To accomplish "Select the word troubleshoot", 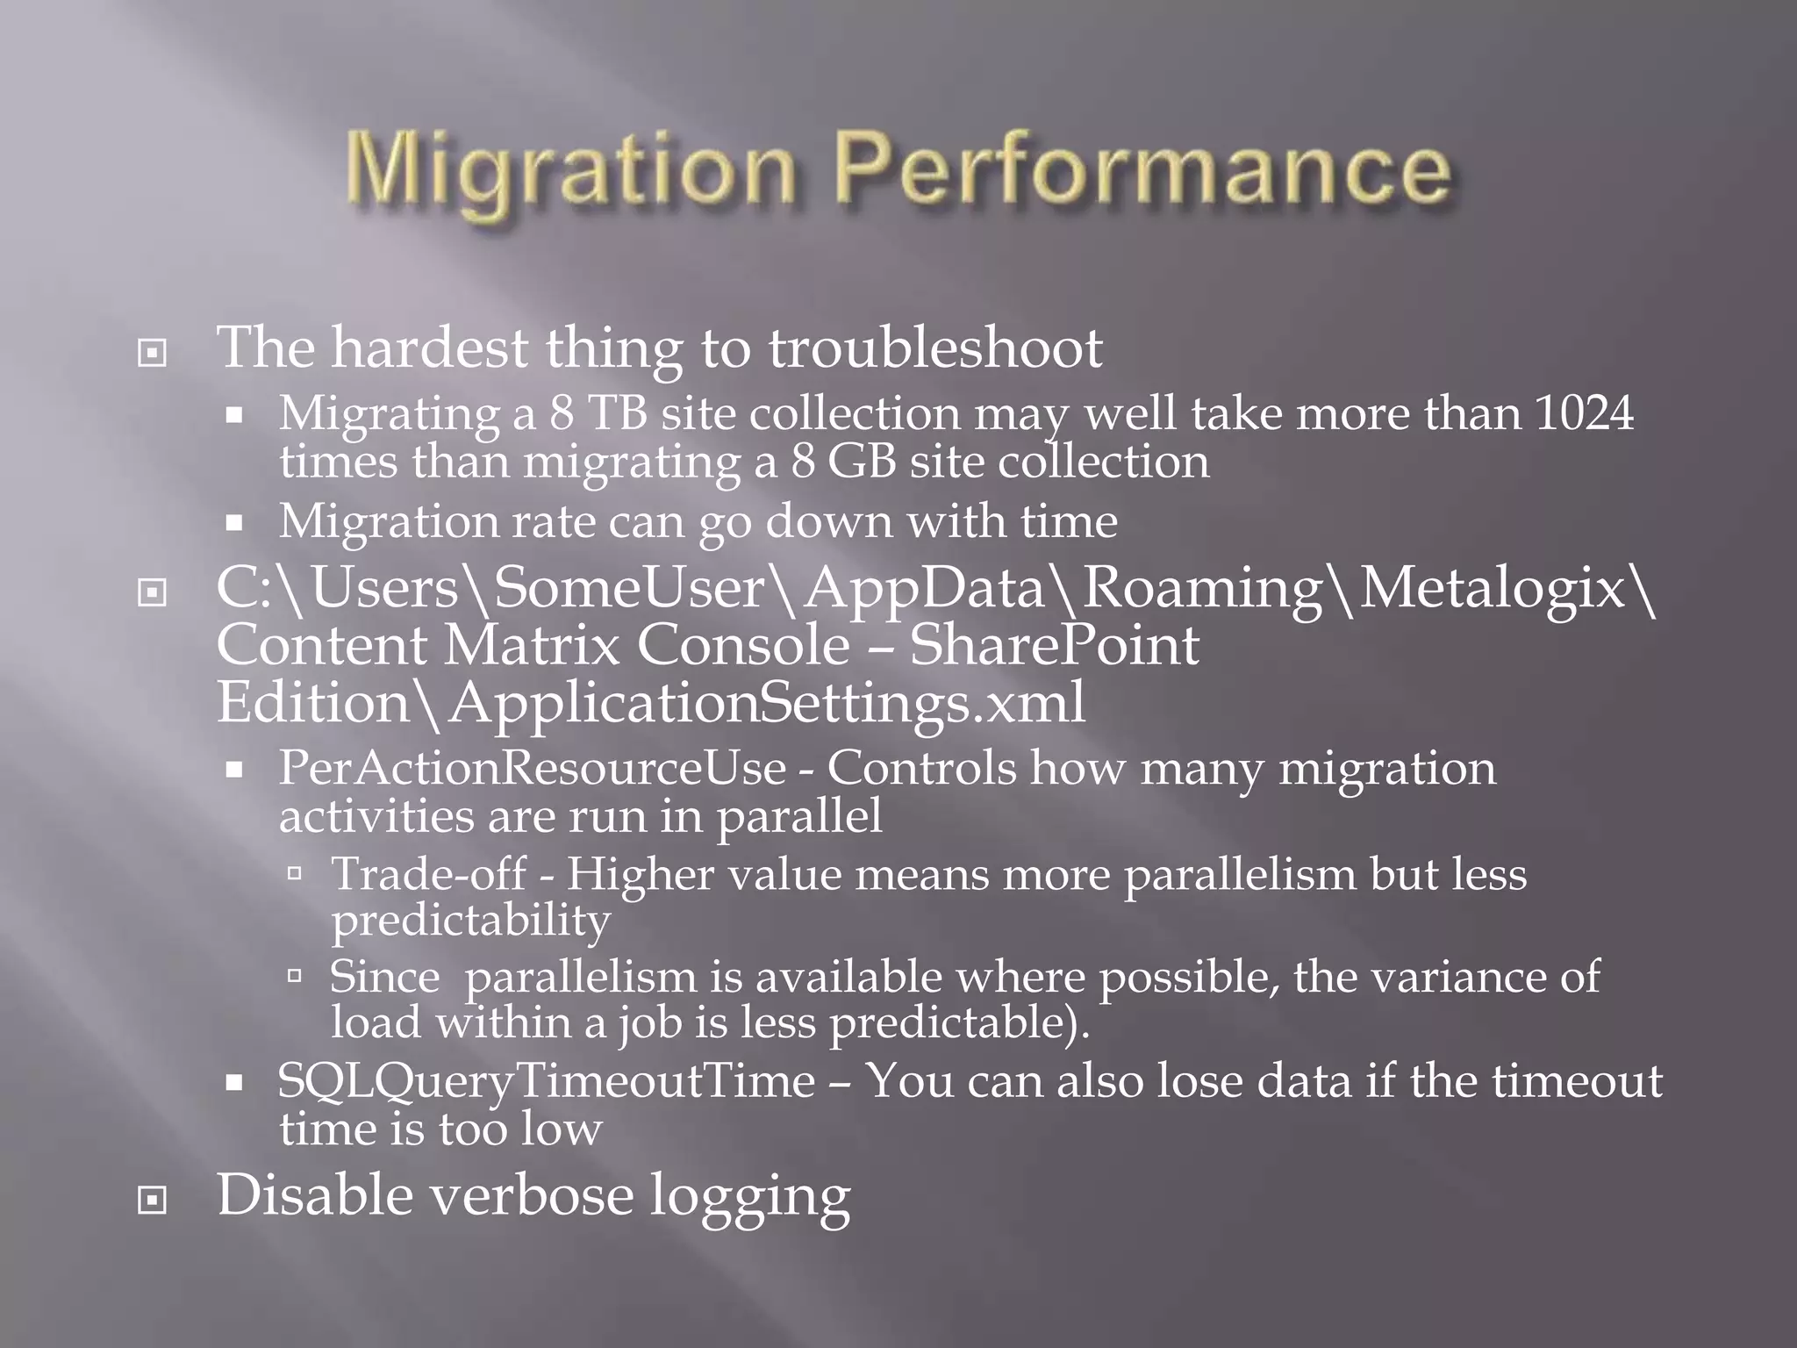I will (935, 348).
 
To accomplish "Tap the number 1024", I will (1584, 412).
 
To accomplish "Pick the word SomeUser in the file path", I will (630, 588).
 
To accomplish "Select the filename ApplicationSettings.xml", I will (767, 703).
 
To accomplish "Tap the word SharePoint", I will (1054, 646).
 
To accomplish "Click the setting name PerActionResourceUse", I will (532, 769).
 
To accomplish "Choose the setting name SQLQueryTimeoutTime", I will (546, 1081).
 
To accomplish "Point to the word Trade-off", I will (428, 875).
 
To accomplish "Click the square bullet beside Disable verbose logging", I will (152, 1200).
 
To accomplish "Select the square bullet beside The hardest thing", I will (152, 353).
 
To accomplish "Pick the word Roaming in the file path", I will (1202, 588).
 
